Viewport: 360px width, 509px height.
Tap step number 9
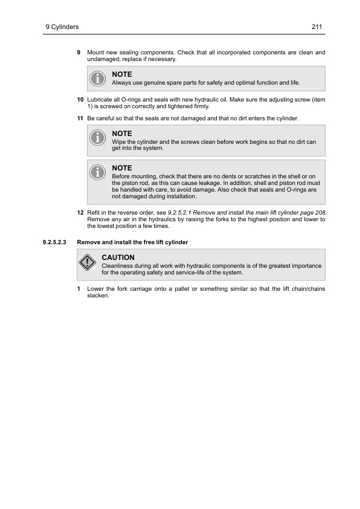tap(79, 53)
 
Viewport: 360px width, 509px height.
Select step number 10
tap(80, 99)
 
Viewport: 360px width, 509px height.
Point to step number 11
tap(80, 117)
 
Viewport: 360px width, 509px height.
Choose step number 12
tap(80, 214)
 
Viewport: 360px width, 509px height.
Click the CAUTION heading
tap(118, 258)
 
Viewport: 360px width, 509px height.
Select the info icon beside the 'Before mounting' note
tap(97, 173)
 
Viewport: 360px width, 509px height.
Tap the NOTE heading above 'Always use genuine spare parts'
tap(122, 74)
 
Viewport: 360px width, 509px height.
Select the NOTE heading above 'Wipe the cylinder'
tap(122, 134)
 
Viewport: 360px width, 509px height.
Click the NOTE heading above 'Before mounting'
tap(122, 167)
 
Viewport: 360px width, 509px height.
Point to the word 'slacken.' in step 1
tap(98, 296)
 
